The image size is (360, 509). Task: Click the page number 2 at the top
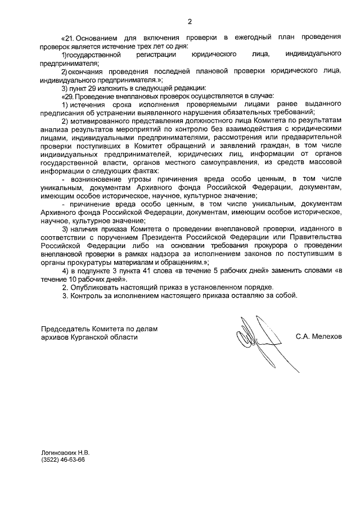point(190,22)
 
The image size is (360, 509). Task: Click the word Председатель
point(67,328)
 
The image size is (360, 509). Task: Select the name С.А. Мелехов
point(318,337)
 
